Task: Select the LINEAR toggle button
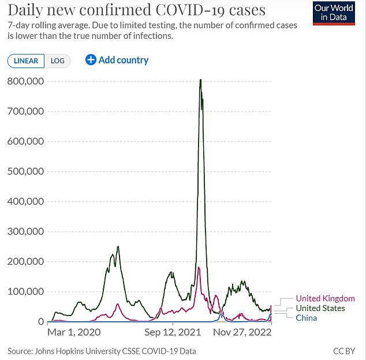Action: coord(25,61)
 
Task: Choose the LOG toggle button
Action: coord(58,61)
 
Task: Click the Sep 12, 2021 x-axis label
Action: coord(173,333)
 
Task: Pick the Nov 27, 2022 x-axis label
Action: coord(241,333)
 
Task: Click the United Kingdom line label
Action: coord(326,299)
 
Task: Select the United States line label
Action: coord(321,309)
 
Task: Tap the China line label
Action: coord(306,318)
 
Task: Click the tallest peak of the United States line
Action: coord(200,80)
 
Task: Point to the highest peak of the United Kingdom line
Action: coord(199,268)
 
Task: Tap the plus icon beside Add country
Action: coord(91,60)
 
